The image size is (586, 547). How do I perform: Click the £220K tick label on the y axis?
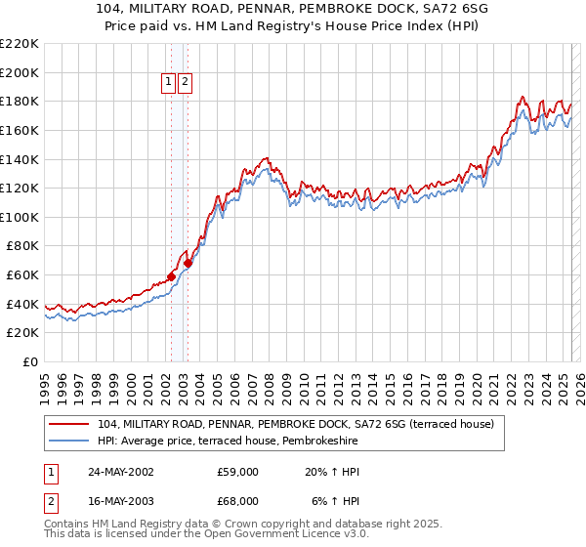coord(21,44)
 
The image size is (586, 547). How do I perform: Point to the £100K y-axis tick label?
coord(21,217)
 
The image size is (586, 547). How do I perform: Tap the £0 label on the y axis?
coord(31,361)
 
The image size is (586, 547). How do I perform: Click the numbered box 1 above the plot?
coord(169,83)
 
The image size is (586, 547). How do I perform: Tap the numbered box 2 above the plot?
coord(185,83)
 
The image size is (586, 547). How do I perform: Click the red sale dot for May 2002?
coord(171,276)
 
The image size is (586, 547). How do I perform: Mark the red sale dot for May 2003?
coord(188,263)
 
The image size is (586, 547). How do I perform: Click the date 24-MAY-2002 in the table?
coord(121,472)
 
